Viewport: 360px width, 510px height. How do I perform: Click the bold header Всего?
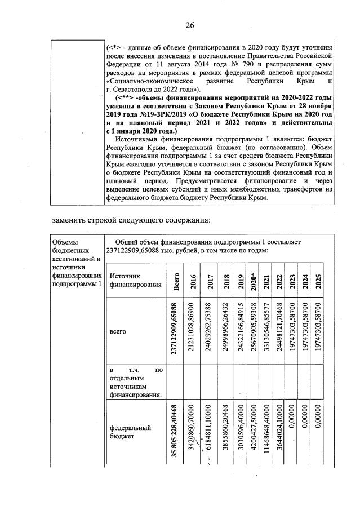(176, 281)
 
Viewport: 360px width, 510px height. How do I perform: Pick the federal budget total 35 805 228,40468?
(176, 431)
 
